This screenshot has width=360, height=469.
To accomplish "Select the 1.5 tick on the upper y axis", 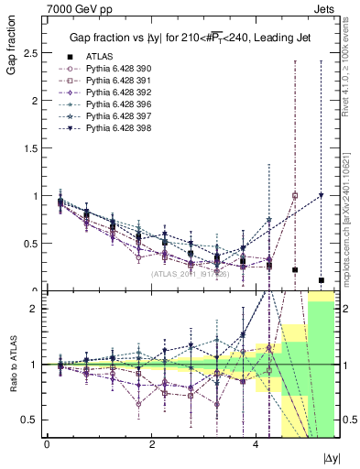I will (x=29, y=148).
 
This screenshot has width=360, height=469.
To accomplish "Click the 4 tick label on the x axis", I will (x=253, y=444).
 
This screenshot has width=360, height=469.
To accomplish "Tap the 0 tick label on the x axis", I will (x=47, y=444).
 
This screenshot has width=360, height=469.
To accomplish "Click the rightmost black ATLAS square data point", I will (x=321, y=280).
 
